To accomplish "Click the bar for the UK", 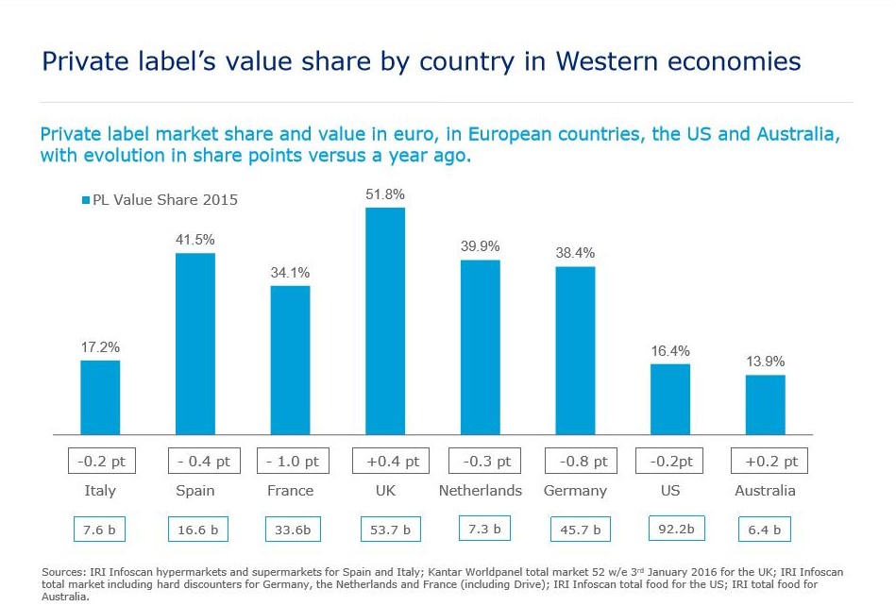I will point(385,321).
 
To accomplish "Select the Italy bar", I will point(100,397).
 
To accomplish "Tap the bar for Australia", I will point(765,405).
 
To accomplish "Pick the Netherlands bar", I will point(481,347).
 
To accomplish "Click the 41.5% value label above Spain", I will point(195,241).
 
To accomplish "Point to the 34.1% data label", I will point(290,273).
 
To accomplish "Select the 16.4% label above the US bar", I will point(669,351).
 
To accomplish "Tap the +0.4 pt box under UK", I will point(385,462).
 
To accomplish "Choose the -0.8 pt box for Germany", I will point(576,462).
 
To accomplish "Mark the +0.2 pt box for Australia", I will point(769,462).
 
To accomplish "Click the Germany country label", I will point(575,491).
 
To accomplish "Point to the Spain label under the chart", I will point(195,491).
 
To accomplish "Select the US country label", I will point(669,491).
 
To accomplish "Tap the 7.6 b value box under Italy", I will point(100,530).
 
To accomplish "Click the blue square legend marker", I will point(85,200).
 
